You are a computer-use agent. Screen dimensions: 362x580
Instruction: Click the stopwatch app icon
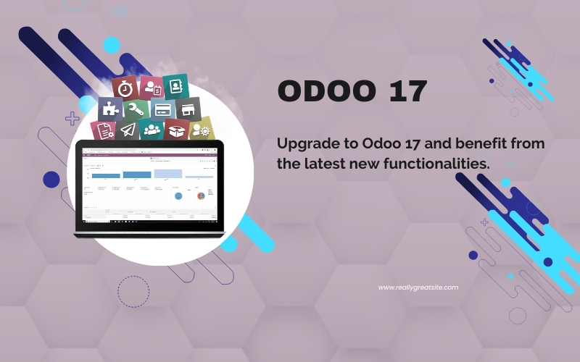pyautogui.click(x=125, y=88)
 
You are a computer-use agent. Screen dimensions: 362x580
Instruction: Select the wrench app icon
pyautogui.click(x=136, y=111)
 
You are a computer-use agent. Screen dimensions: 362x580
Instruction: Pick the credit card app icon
pyautogui.click(x=162, y=109)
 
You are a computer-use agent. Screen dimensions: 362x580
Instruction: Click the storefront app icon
pyautogui.click(x=188, y=109)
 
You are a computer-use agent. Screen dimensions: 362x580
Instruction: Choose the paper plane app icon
pyautogui.click(x=128, y=130)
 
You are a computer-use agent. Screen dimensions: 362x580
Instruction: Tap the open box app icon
pyautogui.click(x=176, y=130)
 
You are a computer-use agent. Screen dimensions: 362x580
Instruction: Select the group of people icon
pyautogui.click(x=152, y=130)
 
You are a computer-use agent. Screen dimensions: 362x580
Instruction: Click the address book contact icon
pyautogui.click(x=175, y=86)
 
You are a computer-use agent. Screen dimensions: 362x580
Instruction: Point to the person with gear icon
pyautogui.click(x=201, y=130)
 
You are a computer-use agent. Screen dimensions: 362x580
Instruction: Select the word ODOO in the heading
pyautogui.click(x=323, y=92)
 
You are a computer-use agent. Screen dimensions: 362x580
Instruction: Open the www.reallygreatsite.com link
pyautogui.click(x=418, y=287)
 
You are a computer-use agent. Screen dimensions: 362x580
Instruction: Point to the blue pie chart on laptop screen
pyautogui.click(x=178, y=196)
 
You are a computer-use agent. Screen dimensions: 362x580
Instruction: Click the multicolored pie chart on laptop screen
pyautogui.click(x=201, y=195)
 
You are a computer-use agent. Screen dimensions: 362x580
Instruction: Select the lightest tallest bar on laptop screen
pyautogui.click(x=168, y=173)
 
